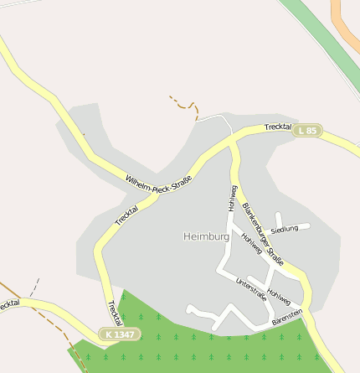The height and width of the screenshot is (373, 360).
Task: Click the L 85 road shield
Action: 307,131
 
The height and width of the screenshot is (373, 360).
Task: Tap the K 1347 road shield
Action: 119,334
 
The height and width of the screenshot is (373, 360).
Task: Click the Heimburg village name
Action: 206,237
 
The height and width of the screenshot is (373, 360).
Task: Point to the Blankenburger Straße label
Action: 263,235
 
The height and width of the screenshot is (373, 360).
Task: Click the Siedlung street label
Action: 285,228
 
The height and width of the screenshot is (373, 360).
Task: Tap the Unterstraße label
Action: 250,288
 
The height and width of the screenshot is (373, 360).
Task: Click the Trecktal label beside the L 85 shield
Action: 276,127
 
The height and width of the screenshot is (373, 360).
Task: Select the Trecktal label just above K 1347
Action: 114,313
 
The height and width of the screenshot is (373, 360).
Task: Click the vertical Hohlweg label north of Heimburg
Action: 231,198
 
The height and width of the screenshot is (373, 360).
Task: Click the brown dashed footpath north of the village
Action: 185,104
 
